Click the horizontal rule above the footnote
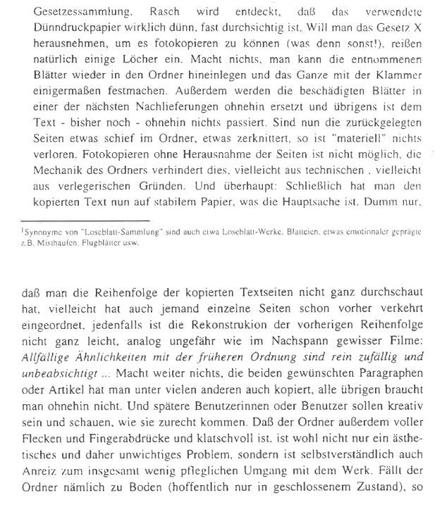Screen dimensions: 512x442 click(x=85, y=221)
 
